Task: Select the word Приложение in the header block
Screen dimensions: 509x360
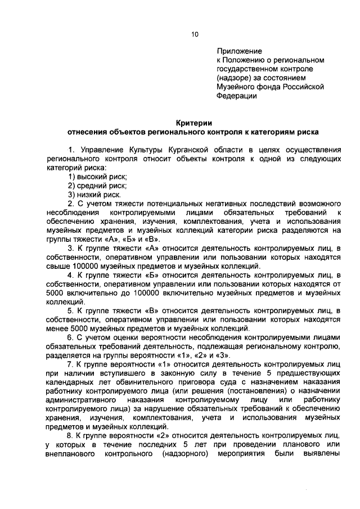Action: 236,51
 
